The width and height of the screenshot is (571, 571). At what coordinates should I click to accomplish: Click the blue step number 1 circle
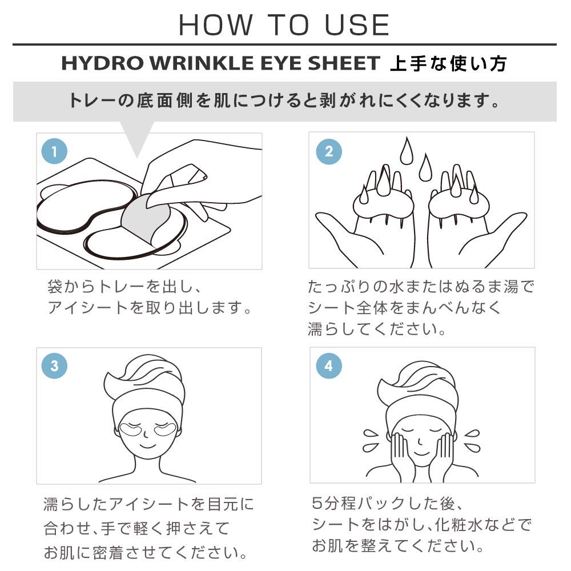tap(55, 151)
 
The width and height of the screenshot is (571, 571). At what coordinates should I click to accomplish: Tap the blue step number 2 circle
tap(328, 151)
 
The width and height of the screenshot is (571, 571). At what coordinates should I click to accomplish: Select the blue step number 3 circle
tap(55, 366)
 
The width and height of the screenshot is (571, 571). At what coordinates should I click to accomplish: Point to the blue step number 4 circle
tap(328, 366)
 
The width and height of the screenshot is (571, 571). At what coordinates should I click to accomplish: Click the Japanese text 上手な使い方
tap(448, 63)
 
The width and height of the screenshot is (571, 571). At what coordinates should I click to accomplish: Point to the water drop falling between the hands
tap(424, 168)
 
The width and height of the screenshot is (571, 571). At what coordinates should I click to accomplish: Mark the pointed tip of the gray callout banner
tap(137, 156)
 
